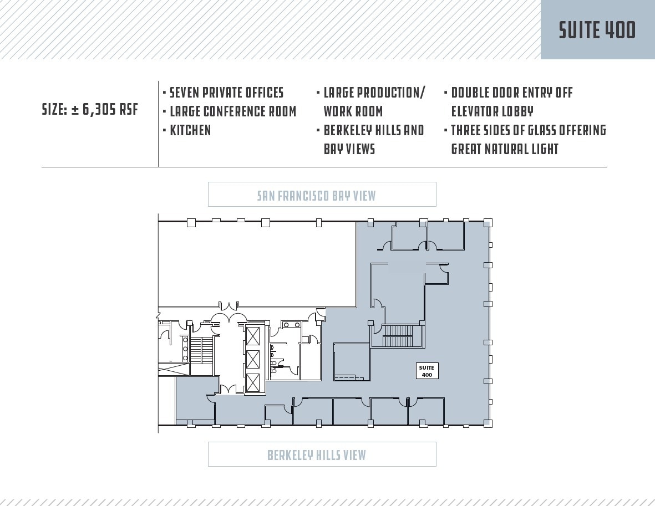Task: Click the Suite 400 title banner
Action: [597, 30]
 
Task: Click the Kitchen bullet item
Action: [190, 130]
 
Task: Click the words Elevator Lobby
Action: [492, 111]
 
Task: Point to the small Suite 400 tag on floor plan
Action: [426, 371]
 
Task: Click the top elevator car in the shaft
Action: [253, 336]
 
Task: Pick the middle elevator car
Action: [253, 359]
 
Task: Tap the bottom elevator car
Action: [253, 382]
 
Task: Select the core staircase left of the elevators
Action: [206, 350]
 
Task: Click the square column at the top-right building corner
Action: [488, 223]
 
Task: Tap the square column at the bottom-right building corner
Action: [488, 423]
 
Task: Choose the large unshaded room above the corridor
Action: [256, 264]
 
